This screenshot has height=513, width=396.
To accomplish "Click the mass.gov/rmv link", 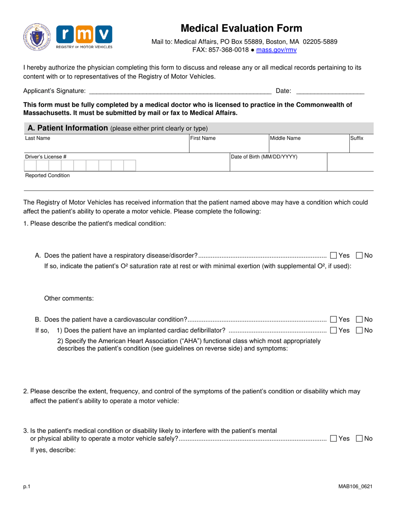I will tap(276, 50).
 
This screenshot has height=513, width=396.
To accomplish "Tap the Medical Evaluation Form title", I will tap(241, 28).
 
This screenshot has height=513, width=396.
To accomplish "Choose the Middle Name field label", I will tap(285, 138).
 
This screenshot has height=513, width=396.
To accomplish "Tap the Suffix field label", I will tap(356, 138).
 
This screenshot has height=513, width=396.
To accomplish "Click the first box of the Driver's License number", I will tap(30, 166).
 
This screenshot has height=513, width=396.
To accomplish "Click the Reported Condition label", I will tap(48, 176).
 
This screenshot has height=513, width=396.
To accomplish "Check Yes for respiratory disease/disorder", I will tap(333, 255).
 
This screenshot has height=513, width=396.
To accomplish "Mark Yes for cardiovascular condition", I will tap(333, 320).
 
